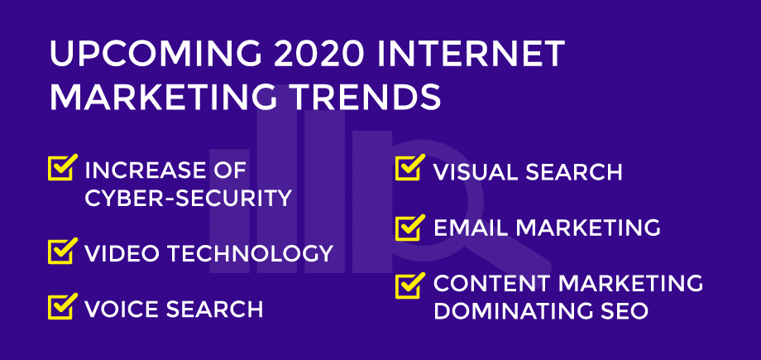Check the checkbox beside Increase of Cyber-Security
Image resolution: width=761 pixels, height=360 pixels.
tap(63, 167)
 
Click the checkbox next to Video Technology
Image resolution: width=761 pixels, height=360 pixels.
tap(63, 251)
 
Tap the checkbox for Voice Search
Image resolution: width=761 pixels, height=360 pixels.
tap(63, 306)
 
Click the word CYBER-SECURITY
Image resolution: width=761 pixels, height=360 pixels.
tap(189, 198)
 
